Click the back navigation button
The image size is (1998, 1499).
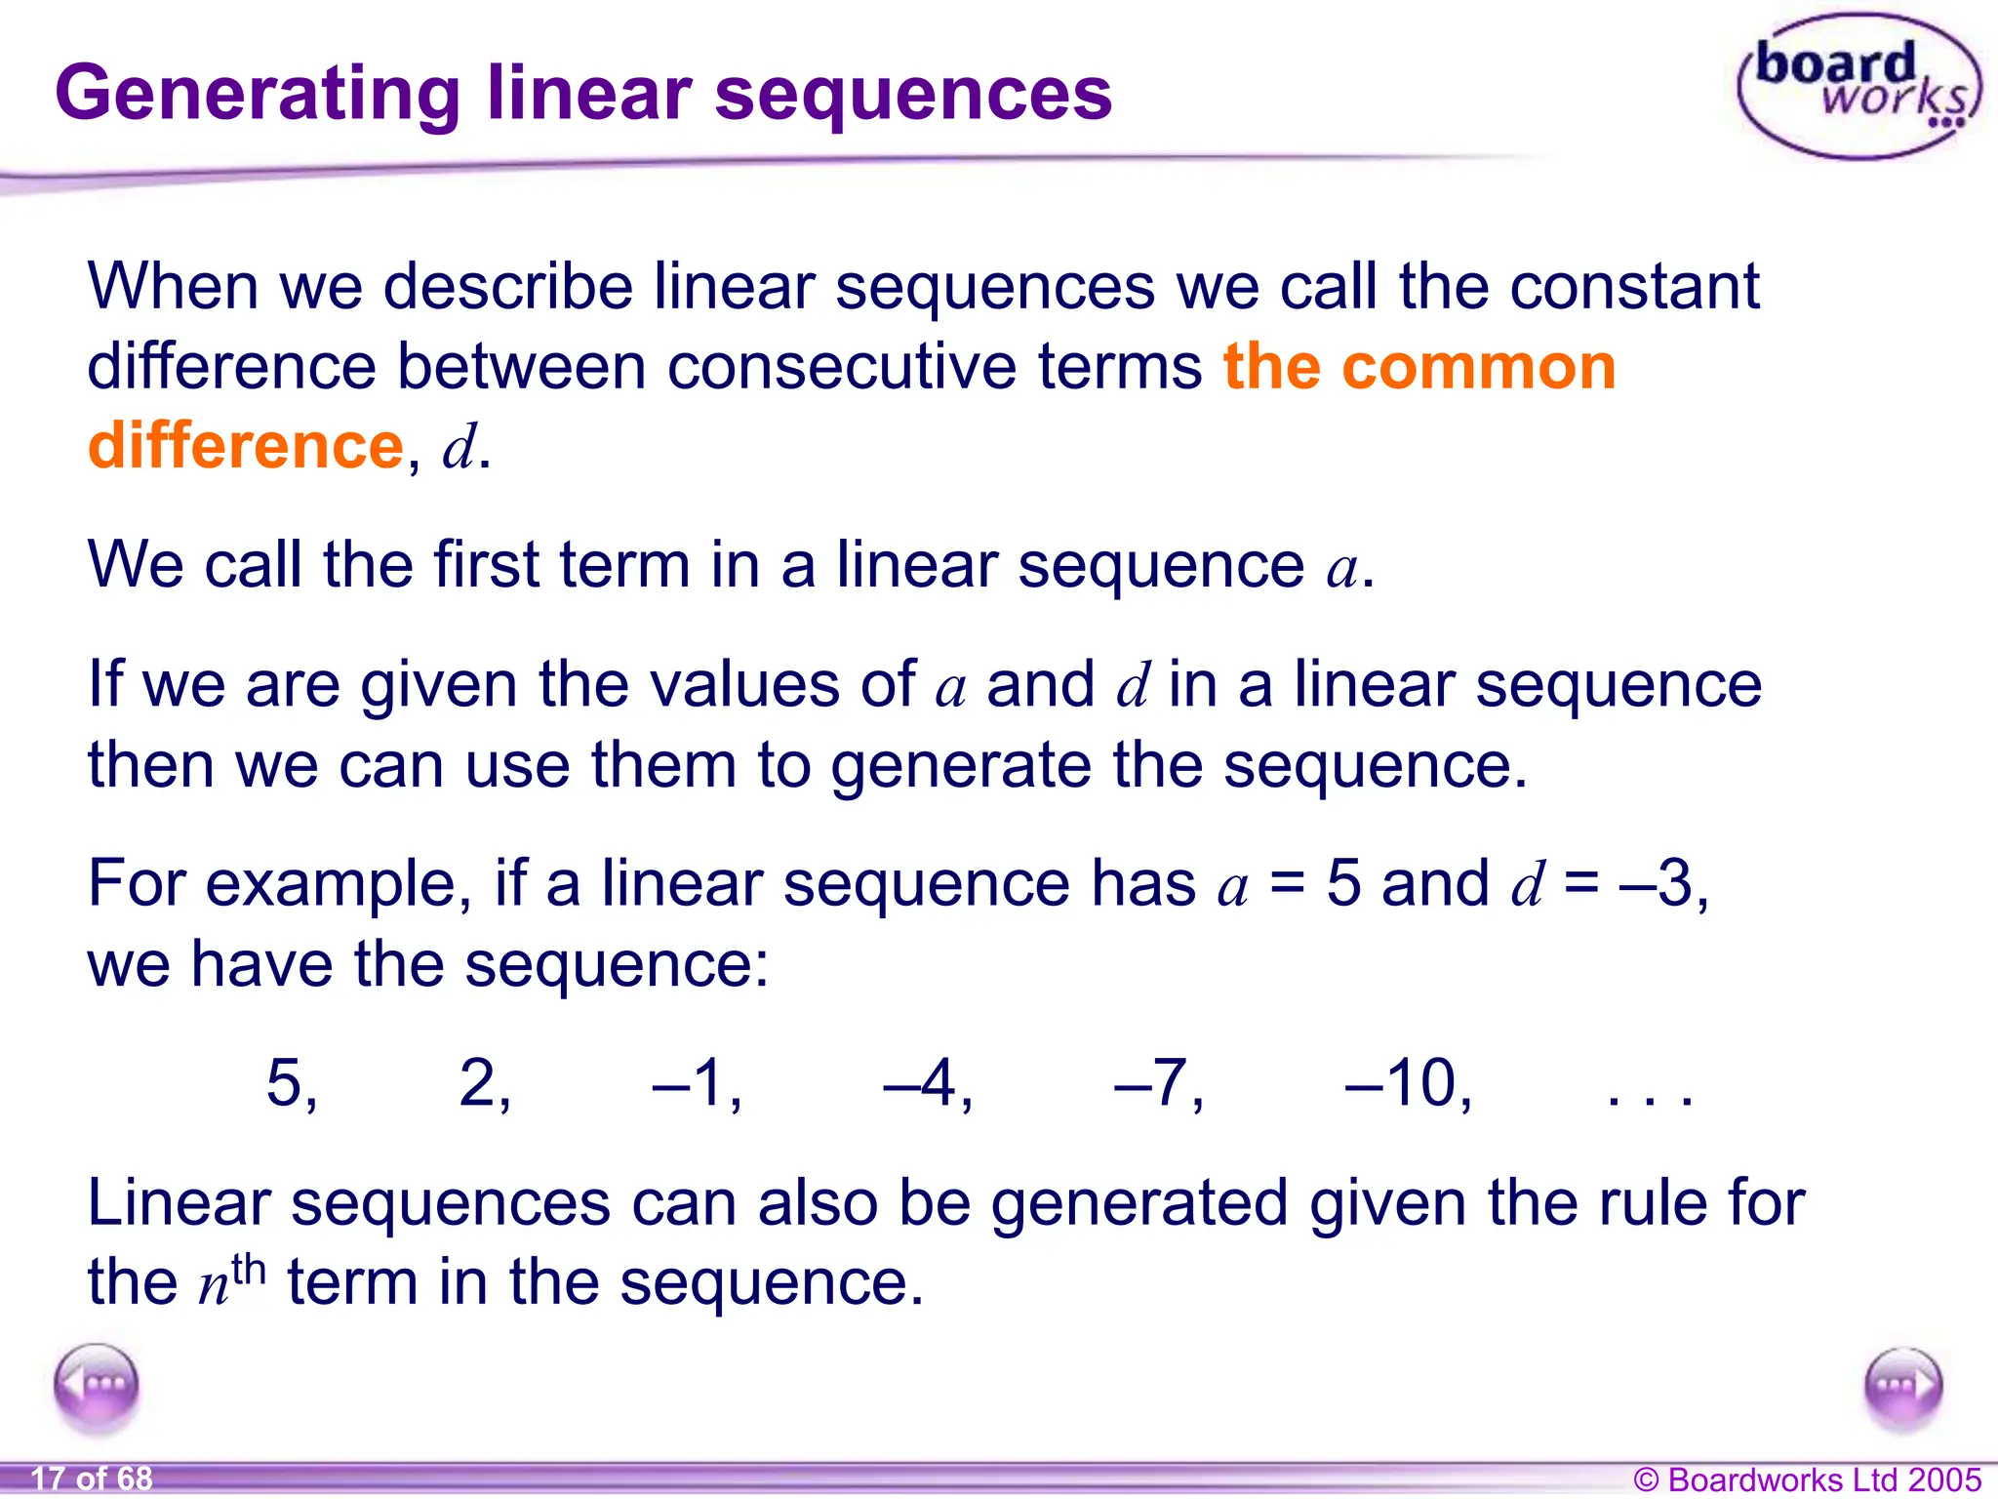coord(97,1385)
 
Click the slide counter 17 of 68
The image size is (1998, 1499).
coord(92,1479)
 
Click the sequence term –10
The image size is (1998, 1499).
coord(1408,1083)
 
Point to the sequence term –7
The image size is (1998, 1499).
coord(1158,1083)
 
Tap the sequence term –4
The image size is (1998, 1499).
coord(927,1083)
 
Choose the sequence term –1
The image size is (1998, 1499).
coord(697,1083)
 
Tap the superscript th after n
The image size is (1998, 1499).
coord(249,1269)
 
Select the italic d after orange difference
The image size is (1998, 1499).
coord(459,447)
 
